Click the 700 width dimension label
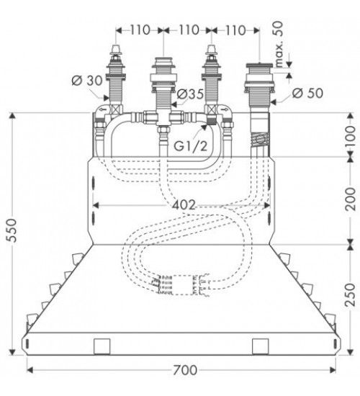pos(184,370)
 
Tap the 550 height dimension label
pos(12,230)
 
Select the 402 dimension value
pos(184,204)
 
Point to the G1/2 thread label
pos(191,145)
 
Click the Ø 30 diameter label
pos(87,81)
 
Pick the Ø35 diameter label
pos(190,94)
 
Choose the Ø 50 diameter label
pos(307,93)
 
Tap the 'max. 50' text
pos(279,45)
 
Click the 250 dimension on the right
pos(351,294)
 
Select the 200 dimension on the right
pos(351,199)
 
